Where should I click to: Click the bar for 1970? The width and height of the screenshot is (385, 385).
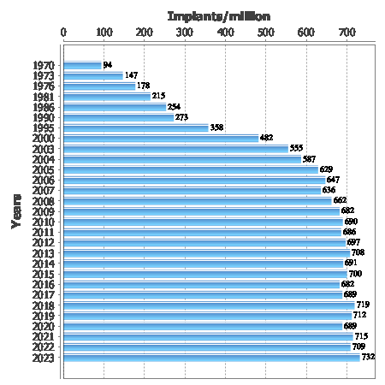(x=83, y=65)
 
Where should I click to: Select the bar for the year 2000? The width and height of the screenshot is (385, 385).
(x=161, y=138)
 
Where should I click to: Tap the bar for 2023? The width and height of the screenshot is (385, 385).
(x=211, y=357)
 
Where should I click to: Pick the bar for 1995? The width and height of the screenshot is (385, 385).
(x=136, y=127)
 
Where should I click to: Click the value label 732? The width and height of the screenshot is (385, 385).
(x=369, y=357)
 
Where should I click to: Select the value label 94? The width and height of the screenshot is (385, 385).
(x=108, y=65)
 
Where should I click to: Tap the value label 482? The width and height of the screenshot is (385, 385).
(x=266, y=138)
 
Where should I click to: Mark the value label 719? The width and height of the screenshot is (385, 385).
(x=363, y=305)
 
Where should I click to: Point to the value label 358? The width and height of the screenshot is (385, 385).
(x=216, y=127)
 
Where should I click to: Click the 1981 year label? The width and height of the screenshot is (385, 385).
(x=44, y=96)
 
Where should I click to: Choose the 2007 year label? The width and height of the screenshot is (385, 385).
(x=44, y=190)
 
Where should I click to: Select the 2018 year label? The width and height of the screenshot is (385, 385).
(x=44, y=305)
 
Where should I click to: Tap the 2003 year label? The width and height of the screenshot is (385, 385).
(x=44, y=148)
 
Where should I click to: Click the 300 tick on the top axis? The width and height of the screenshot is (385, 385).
(x=185, y=33)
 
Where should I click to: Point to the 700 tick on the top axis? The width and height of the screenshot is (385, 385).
(x=346, y=33)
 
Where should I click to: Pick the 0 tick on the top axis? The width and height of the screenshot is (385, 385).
(x=64, y=33)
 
